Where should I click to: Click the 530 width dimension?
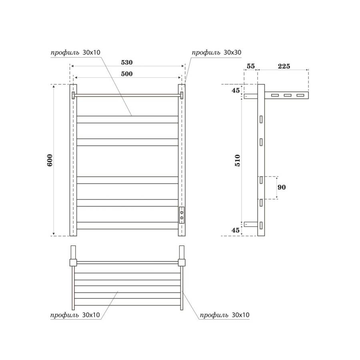point(126,63)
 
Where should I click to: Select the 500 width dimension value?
point(126,74)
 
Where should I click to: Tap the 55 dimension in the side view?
point(251,66)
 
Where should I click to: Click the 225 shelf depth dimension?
point(283,66)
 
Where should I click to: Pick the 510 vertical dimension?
point(238,160)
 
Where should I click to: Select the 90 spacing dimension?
point(282,187)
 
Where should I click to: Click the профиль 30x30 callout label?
point(216,52)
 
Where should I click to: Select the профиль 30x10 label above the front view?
point(75,52)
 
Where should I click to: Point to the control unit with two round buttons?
point(182,214)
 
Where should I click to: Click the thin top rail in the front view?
point(127,95)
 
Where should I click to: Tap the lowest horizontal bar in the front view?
point(127,225)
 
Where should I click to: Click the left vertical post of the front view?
point(73,160)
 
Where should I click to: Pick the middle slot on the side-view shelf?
point(288,96)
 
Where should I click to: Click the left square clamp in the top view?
point(73,262)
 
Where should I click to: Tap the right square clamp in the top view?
point(182,262)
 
